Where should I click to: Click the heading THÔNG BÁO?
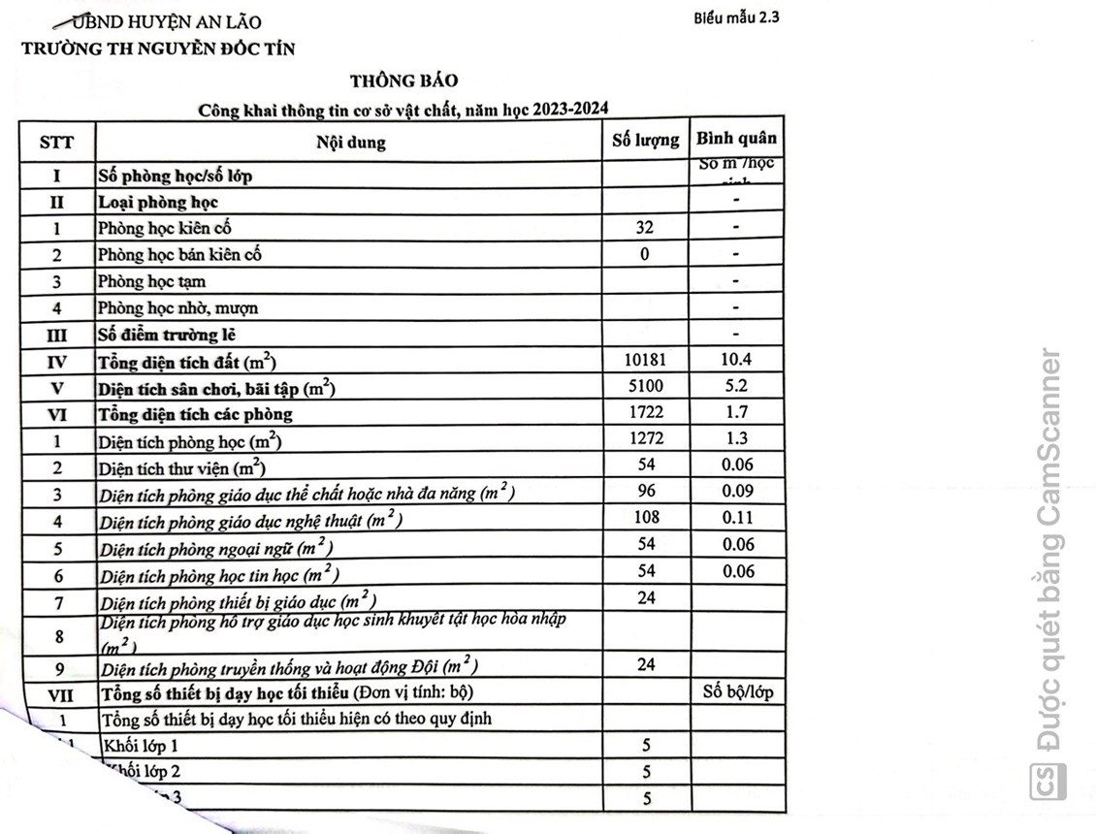404,81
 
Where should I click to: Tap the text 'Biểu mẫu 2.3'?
736,17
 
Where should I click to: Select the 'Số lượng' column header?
646,141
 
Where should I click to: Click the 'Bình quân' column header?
736,139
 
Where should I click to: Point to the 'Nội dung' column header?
350,143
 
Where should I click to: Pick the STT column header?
56,143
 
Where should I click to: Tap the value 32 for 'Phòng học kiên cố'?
645,228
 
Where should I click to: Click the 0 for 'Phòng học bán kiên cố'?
645,254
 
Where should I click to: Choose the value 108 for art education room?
646,518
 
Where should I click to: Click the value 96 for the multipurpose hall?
646,491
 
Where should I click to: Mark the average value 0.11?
737,518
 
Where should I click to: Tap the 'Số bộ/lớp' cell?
737,693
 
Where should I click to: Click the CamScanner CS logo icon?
1048,782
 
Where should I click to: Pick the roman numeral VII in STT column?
57,694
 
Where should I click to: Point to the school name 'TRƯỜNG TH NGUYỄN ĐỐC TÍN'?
158,48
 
